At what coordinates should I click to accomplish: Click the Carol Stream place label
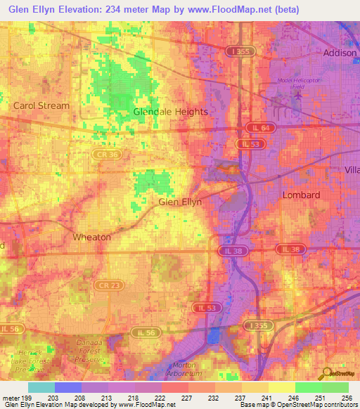click(x=41, y=106)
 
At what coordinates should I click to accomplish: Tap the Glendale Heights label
click(x=171, y=112)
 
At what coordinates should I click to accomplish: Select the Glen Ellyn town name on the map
click(x=180, y=202)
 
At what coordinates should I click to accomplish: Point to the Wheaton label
click(x=91, y=238)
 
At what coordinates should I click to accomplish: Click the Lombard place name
click(x=301, y=195)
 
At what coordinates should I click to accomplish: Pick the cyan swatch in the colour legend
click(x=41, y=387)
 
